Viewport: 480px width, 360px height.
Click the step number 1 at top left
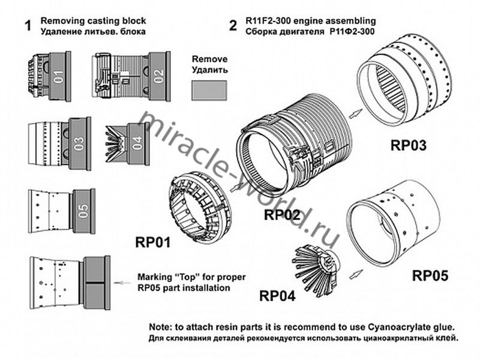click(27, 26)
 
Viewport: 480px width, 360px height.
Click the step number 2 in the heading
click(233, 26)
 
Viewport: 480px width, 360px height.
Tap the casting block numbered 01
click(59, 77)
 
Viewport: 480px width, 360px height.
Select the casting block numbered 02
click(158, 77)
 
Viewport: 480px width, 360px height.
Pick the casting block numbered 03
click(79, 144)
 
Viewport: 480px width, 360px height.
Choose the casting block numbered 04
click(137, 143)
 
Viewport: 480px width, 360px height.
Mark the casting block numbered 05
click(83, 211)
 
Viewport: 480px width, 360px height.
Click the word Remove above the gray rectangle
click(209, 60)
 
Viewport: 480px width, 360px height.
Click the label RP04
click(278, 295)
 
